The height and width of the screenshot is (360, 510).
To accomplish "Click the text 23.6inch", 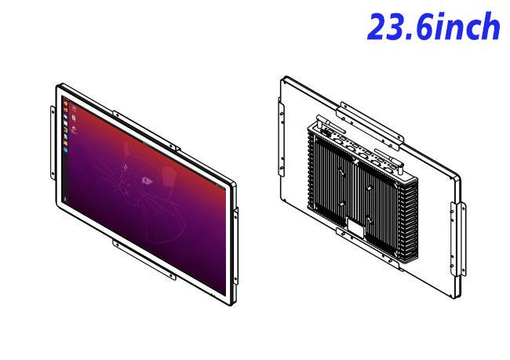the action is coord(433,27).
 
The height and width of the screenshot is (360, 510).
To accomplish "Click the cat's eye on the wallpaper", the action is coord(147,180).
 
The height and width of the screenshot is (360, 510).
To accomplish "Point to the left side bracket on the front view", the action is coord(53,143).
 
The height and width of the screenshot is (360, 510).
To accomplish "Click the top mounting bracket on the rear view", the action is coord(370,126).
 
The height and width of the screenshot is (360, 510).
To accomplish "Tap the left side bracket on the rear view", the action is coord(282,137).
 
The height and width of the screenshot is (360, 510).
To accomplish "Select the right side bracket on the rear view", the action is coord(458,239).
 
